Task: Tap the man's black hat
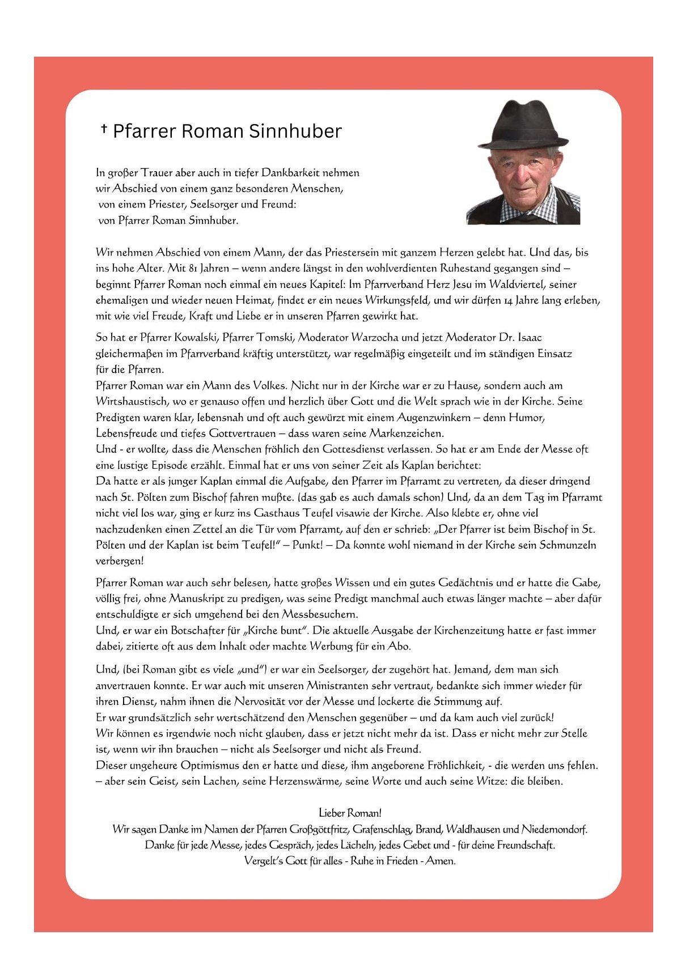[x=522, y=125]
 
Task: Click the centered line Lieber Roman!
[x=350, y=813]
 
